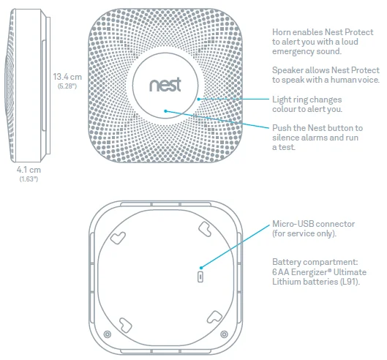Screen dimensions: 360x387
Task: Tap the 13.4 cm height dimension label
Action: click(x=67, y=76)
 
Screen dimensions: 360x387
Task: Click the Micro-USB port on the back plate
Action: click(x=201, y=277)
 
